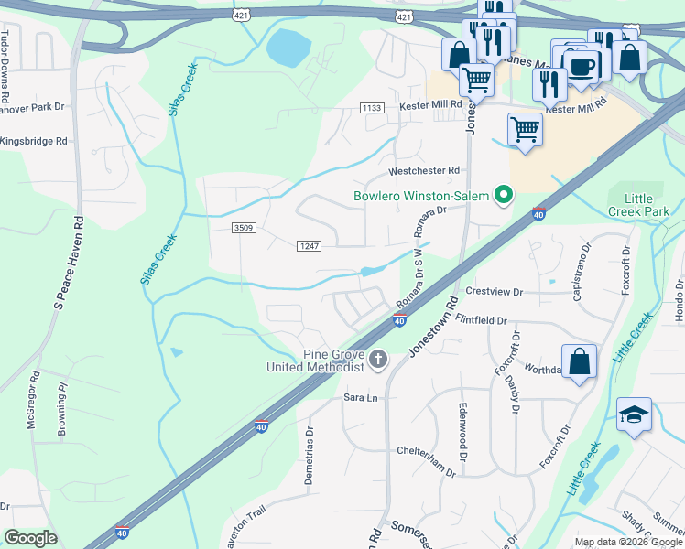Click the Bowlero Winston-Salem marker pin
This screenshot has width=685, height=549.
coord(502,195)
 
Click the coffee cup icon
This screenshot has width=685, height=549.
coord(582,65)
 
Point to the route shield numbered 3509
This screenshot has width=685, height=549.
coord(244,227)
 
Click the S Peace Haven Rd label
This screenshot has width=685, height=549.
coord(68,274)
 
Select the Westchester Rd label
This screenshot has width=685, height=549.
coord(423,170)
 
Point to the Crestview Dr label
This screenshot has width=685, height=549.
coord(494,292)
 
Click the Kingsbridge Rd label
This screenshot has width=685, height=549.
coord(34,142)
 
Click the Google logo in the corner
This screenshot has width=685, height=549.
coord(31,538)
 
